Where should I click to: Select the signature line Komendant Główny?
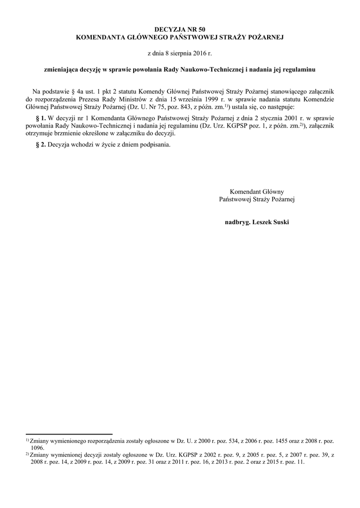pyautogui.click(x=257, y=191)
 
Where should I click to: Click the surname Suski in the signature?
pyautogui.click(x=279, y=222)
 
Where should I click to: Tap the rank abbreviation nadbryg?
pyautogui.click(x=238, y=222)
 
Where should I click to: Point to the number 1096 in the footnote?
pyautogui.click(x=38, y=447)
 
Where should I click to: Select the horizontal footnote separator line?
pyautogui.click(x=69, y=434)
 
